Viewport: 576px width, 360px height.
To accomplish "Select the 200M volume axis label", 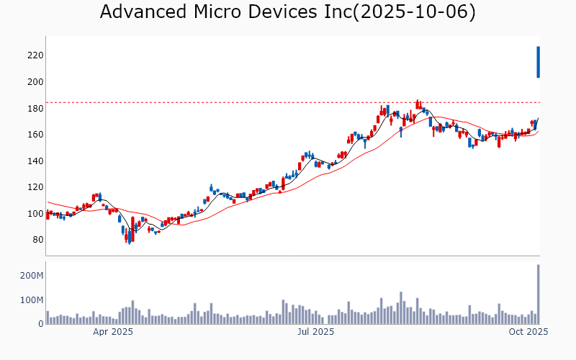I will click(x=32, y=276).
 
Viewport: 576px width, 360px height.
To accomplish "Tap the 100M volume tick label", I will click(x=32, y=300).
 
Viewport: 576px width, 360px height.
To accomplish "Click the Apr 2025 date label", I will click(x=113, y=332).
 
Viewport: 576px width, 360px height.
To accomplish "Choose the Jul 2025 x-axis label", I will click(x=315, y=332).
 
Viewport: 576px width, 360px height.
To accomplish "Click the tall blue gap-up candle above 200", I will click(x=538, y=62).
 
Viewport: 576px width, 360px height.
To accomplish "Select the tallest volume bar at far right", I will click(x=538, y=294).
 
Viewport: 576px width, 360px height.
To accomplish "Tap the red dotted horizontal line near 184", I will click(x=288, y=103).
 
